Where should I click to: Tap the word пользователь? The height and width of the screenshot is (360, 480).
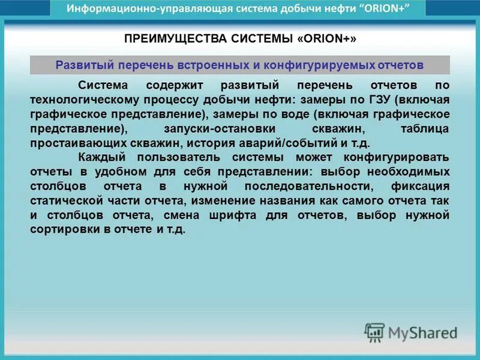click(178, 158)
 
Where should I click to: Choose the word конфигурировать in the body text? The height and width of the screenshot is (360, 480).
click(396, 158)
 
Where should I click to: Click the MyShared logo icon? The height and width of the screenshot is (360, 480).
click(374, 331)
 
